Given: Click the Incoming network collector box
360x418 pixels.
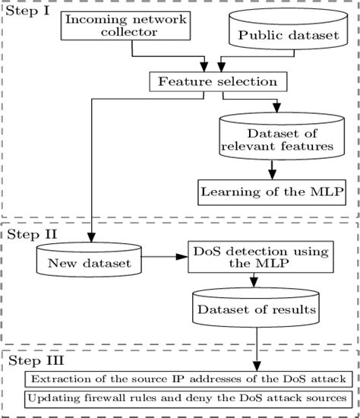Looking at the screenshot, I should click(x=125, y=26).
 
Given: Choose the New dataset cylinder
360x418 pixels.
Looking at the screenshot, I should click(x=86, y=263).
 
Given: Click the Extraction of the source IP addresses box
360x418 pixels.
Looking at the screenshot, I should click(x=185, y=379).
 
